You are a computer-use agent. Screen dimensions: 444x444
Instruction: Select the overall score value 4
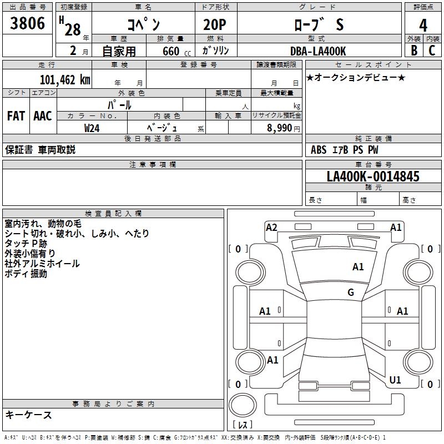[423, 25]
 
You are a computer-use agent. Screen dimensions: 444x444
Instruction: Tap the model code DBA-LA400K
[318, 51]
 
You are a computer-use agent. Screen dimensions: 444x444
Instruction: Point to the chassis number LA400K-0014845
[373, 176]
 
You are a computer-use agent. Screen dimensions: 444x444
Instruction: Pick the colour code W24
[92, 128]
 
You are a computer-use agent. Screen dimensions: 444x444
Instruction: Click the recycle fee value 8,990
[280, 128]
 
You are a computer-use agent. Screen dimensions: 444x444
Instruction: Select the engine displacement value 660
[170, 52]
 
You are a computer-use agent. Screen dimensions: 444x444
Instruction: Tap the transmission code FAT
[16, 115]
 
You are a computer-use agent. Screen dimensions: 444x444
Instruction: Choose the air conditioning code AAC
[43, 115]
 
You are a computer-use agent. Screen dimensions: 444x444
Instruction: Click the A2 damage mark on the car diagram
[271, 227]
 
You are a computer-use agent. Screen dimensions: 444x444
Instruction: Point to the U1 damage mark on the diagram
[395, 380]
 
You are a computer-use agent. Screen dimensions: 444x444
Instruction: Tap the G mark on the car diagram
[351, 292]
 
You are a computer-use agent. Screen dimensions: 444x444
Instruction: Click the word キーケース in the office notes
[28, 415]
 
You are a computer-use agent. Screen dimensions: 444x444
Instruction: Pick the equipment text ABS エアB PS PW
[345, 150]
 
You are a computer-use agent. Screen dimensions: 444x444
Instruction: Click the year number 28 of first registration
[73, 29]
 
